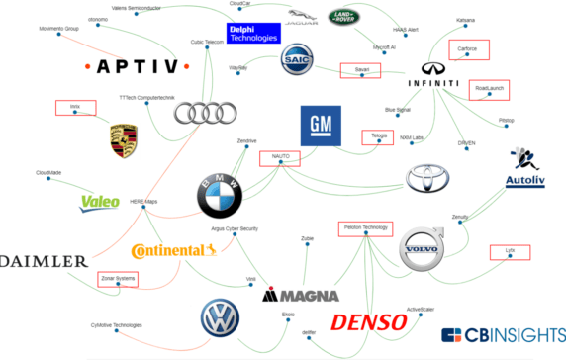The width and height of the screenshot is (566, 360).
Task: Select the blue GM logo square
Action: (x=320, y=126)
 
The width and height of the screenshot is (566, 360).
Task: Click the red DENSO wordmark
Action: (x=368, y=321)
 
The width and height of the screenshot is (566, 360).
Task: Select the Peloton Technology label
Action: (x=362, y=227)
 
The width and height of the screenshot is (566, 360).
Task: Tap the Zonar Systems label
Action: (x=117, y=279)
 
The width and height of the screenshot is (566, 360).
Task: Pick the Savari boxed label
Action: (x=354, y=69)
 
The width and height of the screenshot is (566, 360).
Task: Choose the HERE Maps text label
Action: (x=143, y=202)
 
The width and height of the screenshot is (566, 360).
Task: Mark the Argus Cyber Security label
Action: (x=235, y=228)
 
